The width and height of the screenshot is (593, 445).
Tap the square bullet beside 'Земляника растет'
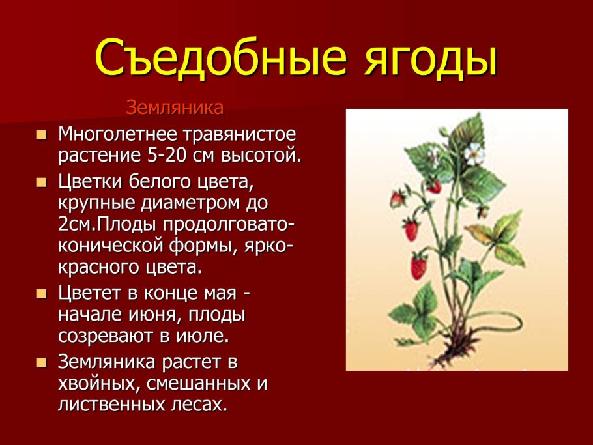(x=42, y=361)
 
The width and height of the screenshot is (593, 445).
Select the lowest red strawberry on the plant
(x=418, y=266)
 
